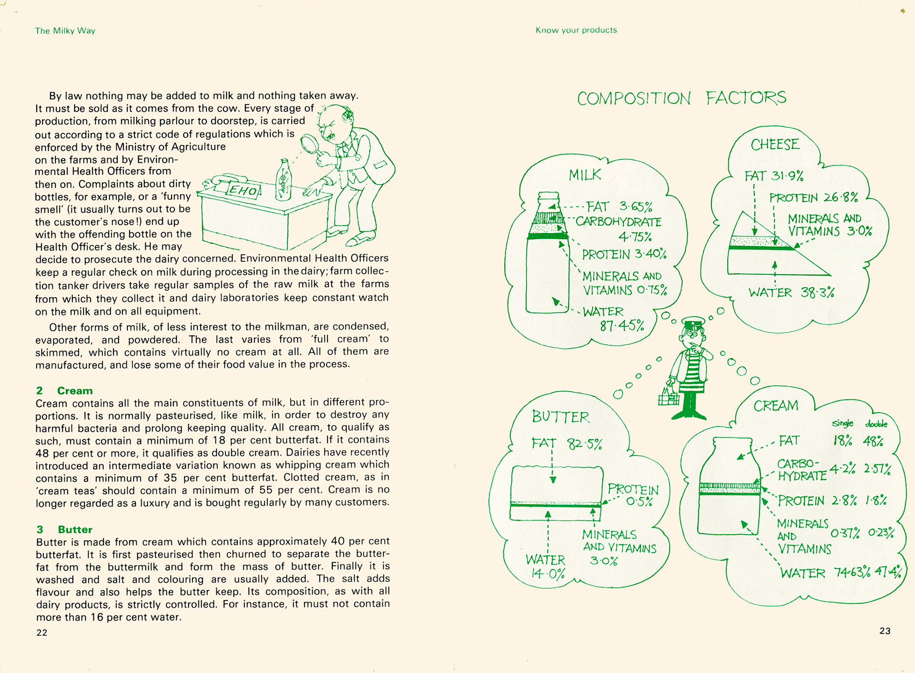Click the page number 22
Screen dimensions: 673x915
tap(42, 632)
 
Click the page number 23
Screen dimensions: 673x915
tap(884, 631)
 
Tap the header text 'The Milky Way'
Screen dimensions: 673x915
tap(65, 31)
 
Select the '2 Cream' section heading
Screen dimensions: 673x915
tap(65, 391)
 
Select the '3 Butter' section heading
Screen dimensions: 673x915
tap(65, 529)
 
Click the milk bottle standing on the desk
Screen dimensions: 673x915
tap(284, 180)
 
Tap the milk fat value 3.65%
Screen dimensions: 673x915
tap(636, 207)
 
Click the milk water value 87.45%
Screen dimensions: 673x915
tap(622, 326)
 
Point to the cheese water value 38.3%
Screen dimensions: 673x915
tap(817, 292)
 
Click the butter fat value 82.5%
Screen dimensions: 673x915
tap(584, 444)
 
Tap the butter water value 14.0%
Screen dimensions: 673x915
tap(548, 574)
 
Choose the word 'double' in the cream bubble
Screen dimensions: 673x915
tap(876, 424)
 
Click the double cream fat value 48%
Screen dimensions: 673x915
tap(873, 441)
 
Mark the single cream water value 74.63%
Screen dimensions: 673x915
tap(852, 572)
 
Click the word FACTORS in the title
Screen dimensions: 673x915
tap(746, 98)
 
